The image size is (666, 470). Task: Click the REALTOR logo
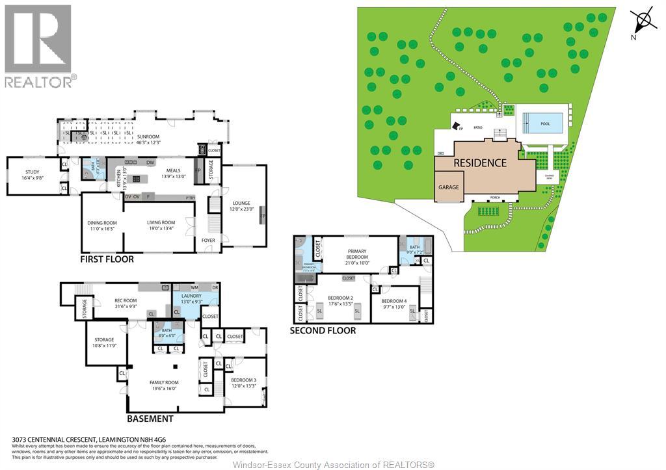click(x=38, y=46)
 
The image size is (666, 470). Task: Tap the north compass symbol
click(x=644, y=22)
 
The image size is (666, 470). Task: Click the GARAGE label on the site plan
click(x=448, y=187)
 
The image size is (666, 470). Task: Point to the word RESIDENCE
click(x=480, y=163)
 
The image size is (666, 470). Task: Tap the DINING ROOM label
click(x=101, y=223)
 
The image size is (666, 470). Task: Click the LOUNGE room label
click(x=241, y=203)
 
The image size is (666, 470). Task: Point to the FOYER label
click(x=208, y=240)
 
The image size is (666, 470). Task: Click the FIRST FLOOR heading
click(x=107, y=259)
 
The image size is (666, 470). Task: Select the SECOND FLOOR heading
click(x=323, y=330)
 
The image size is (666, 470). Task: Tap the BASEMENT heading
click(x=150, y=419)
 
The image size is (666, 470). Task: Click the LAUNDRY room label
click(x=191, y=296)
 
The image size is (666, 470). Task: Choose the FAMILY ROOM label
click(x=164, y=382)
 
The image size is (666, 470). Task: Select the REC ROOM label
click(x=125, y=300)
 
